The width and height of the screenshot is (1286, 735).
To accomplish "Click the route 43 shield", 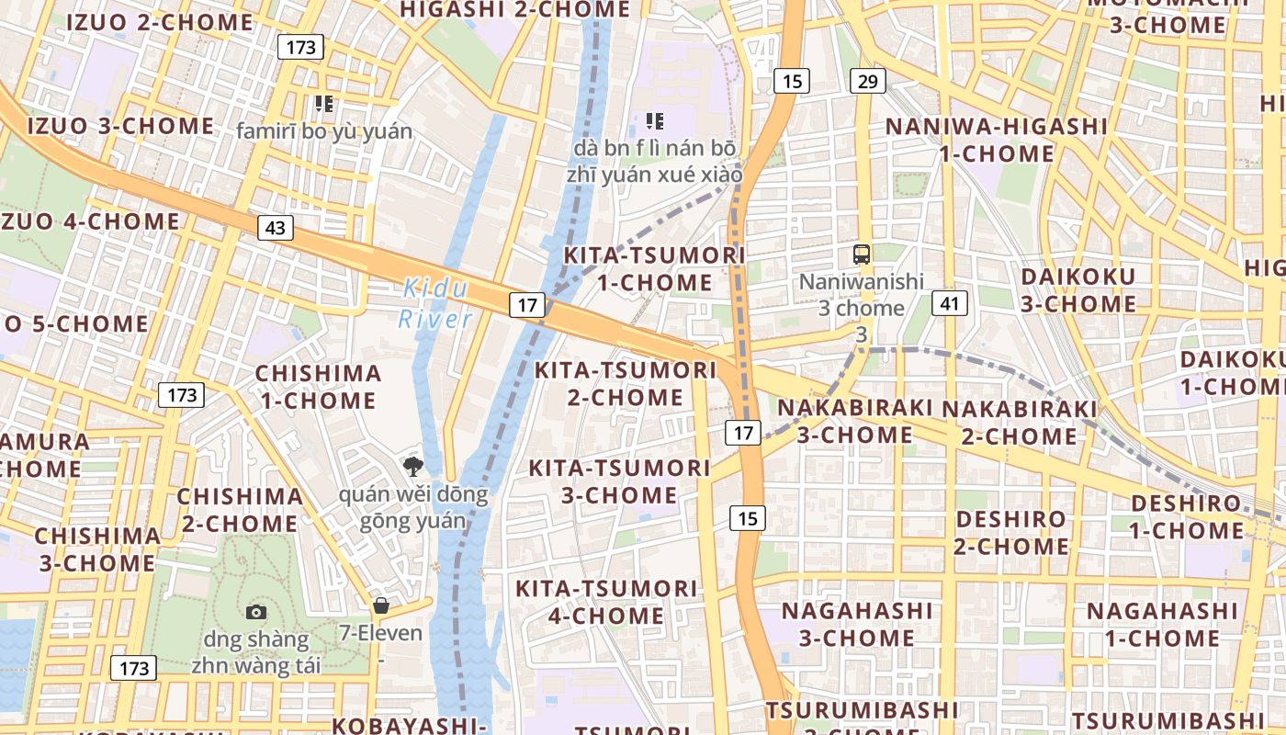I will point(275,227).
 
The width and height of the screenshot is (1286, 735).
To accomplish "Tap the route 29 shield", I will point(867,81).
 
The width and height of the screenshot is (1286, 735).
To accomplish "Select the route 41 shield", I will point(950,301).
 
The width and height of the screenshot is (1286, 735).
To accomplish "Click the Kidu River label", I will point(435,304).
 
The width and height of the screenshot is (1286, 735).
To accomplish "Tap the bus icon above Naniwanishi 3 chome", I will point(862,254).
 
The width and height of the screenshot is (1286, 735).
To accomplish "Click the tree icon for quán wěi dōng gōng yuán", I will point(412,466).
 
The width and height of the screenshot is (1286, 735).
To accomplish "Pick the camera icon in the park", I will point(256,612).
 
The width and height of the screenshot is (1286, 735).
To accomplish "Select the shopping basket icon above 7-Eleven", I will point(380,605).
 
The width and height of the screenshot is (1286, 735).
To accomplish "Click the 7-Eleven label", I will point(380,633).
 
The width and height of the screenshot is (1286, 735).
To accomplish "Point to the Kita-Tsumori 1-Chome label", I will point(654,268).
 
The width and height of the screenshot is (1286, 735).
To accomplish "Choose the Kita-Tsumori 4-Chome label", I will point(606,602).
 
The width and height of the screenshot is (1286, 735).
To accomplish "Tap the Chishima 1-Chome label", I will point(318,387).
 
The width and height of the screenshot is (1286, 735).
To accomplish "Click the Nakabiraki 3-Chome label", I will point(855,421).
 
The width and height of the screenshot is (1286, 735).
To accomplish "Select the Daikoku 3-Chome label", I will point(1078,289).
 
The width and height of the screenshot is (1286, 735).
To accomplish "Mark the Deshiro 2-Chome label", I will point(1011,533).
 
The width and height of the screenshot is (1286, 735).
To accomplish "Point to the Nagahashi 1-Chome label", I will point(1163,624).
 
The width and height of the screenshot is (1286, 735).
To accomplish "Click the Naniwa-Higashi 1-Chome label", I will point(997,140).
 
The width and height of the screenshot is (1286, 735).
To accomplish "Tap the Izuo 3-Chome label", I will point(120,126).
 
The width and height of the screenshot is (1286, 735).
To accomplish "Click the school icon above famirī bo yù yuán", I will point(323,104).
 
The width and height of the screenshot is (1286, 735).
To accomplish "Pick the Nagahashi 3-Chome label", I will point(857,624).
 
